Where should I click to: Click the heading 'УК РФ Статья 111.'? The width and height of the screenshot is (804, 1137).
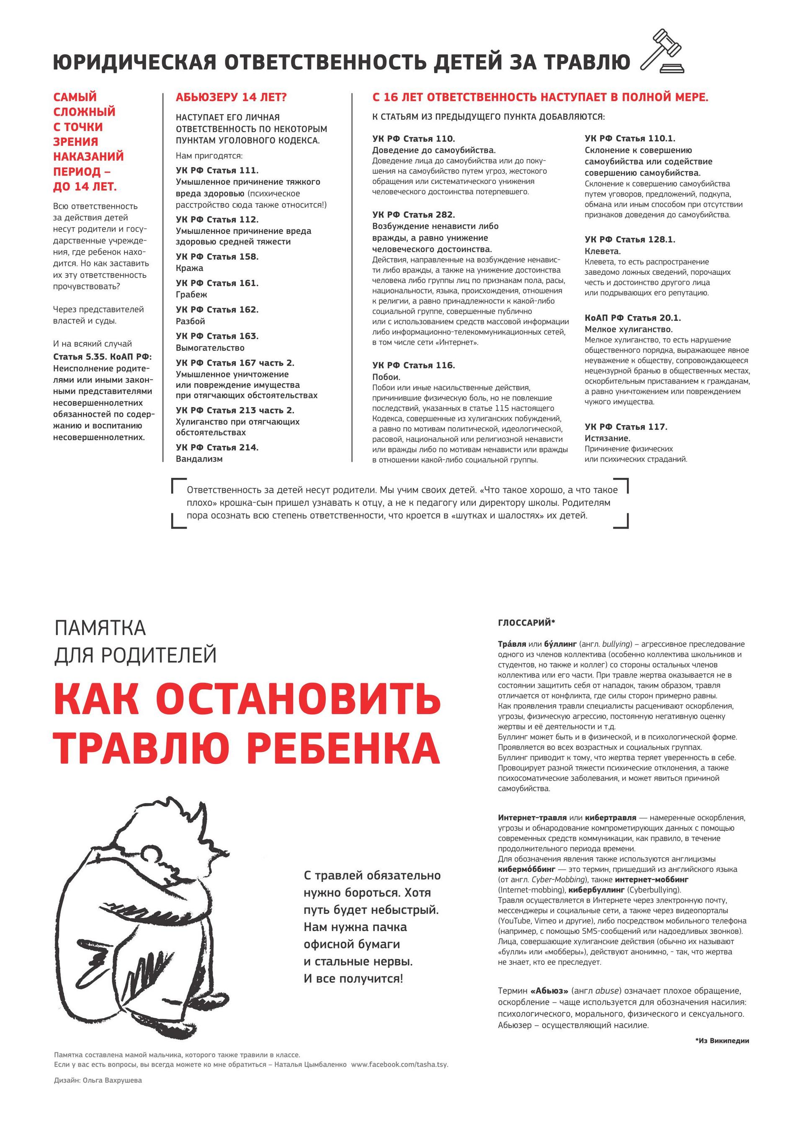[x=217, y=170]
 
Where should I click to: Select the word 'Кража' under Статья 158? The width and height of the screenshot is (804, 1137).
[x=190, y=268]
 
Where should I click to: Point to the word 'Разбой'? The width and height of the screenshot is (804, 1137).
[x=191, y=321]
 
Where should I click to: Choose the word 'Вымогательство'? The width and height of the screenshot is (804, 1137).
[x=210, y=348]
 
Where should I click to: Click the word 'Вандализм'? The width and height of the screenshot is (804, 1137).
[x=199, y=459]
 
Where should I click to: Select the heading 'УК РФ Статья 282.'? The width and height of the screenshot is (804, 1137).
[x=413, y=215]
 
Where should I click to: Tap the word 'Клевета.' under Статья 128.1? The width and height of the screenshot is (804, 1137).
[x=603, y=251]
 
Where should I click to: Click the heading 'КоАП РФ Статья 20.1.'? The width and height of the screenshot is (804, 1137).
[x=633, y=318]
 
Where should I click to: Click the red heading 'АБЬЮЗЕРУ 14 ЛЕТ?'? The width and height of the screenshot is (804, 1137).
[x=231, y=98]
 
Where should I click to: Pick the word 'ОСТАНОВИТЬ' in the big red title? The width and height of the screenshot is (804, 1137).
[x=298, y=699]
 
